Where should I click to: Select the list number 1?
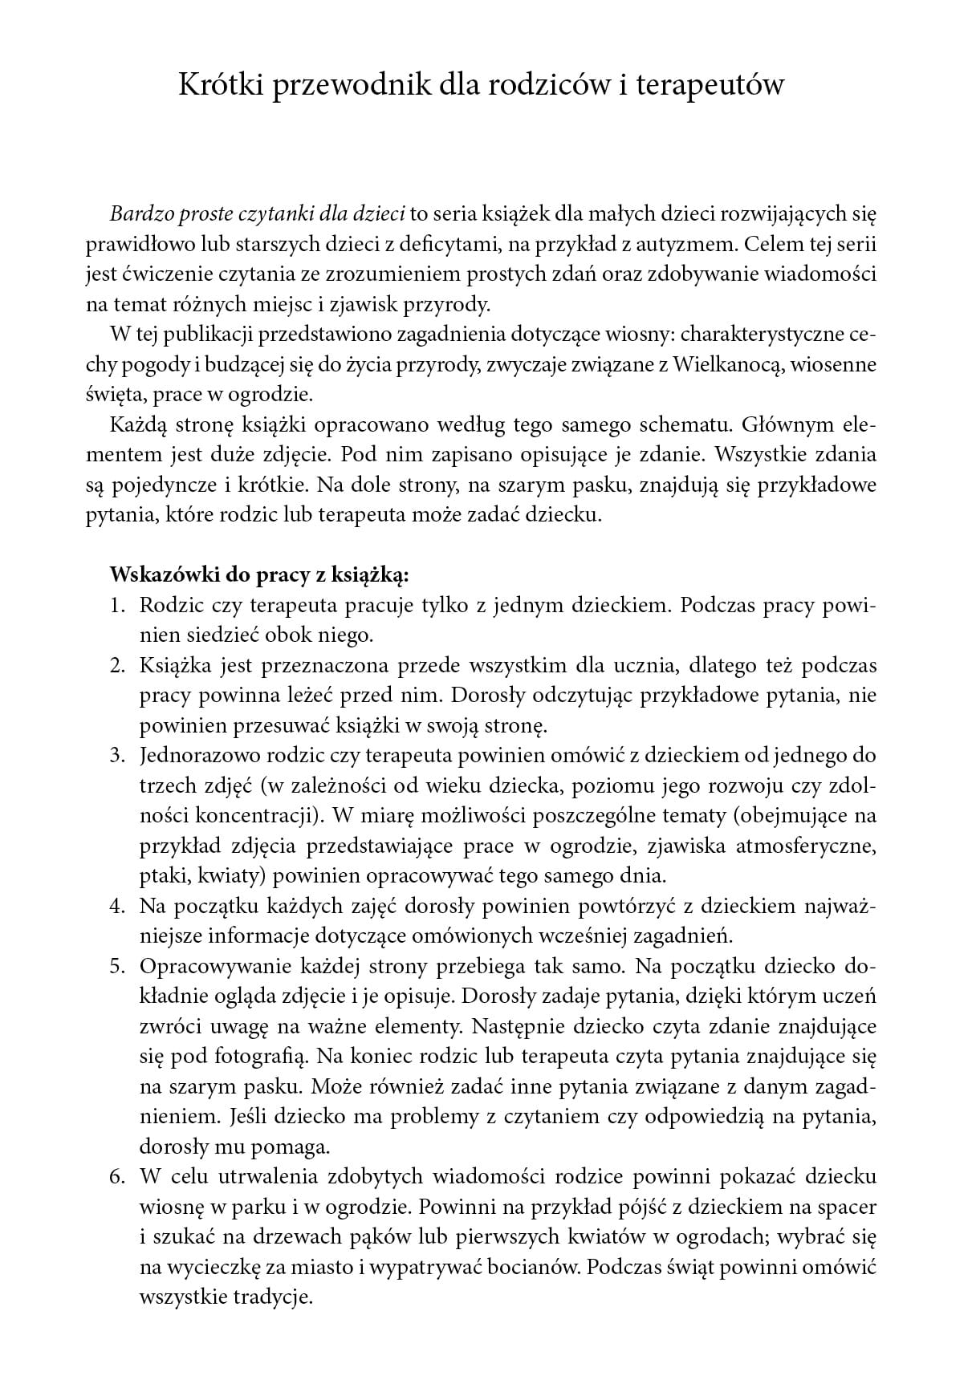point(116,605)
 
